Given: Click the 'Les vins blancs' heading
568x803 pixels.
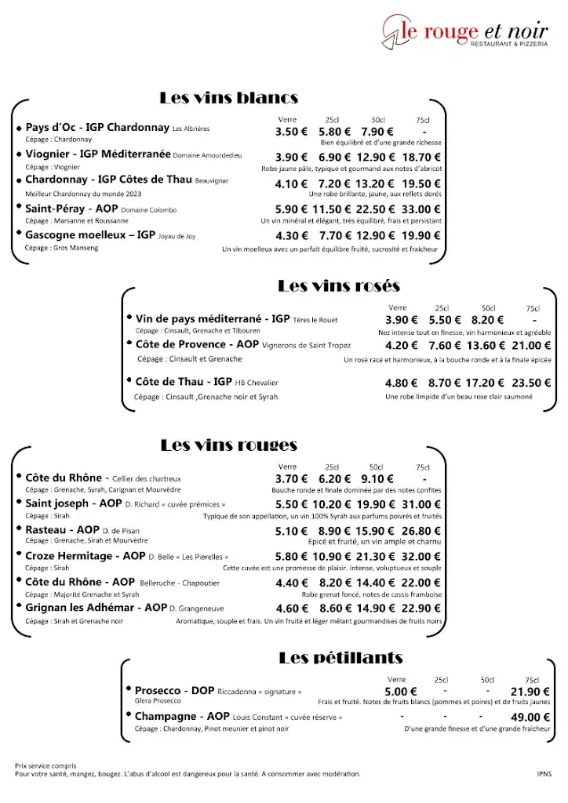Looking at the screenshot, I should (x=228, y=98).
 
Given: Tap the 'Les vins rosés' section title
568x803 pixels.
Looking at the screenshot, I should (x=339, y=286).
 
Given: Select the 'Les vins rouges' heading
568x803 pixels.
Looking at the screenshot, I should (x=228, y=445).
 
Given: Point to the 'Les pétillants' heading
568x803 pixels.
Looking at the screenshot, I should (x=340, y=658).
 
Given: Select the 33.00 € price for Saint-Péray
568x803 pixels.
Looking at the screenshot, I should (x=421, y=209).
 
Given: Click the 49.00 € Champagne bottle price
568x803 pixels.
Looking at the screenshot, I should (x=530, y=717).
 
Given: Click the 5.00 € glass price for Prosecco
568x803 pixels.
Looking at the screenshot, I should (x=401, y=692).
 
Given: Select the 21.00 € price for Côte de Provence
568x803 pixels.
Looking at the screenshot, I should (x=532, y=346).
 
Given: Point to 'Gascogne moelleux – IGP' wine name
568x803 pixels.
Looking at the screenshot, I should (x=90, y=234).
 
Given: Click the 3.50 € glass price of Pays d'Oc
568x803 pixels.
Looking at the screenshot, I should (x=291, y=132).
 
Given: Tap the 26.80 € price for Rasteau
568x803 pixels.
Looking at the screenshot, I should (x=421, y=531).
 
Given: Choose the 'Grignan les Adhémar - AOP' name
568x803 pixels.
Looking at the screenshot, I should (x=96, y=608).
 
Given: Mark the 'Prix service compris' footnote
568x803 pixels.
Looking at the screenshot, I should (x=46, y=765).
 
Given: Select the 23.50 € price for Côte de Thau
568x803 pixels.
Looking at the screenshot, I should (x=532, y=383).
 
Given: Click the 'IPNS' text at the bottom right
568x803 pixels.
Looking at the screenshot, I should (x=544, y=774).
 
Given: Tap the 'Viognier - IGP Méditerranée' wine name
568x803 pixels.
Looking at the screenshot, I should (x=98, y=154).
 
